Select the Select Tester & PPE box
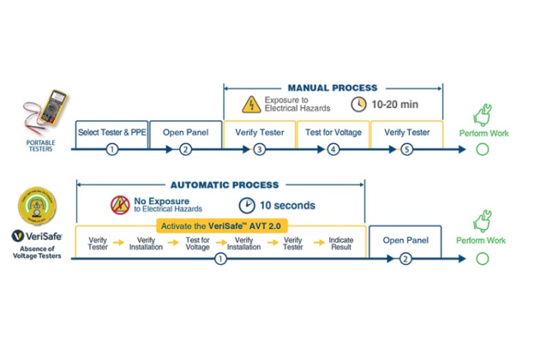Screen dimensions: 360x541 tap(112, 132)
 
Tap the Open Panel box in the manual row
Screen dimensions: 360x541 tap(186, 132)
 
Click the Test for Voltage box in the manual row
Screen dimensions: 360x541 tap(333, 132)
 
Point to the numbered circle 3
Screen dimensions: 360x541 tap(259, 149)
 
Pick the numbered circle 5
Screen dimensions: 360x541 tap(407, 149)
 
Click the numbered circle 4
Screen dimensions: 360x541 tap(333, 149)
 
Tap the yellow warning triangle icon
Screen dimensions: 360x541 tap(251, 105)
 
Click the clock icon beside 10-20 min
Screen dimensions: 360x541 tap(359, 105)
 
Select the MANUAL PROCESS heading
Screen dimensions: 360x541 tap(332, 88)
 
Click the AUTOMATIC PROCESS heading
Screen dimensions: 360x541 tap(224, 185)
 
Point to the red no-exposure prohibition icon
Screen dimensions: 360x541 tap(119, 206)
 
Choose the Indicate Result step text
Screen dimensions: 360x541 tap(341, 243)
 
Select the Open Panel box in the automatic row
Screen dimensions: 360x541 tap(405, 240)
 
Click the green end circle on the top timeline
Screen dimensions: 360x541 tap(483, 149)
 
